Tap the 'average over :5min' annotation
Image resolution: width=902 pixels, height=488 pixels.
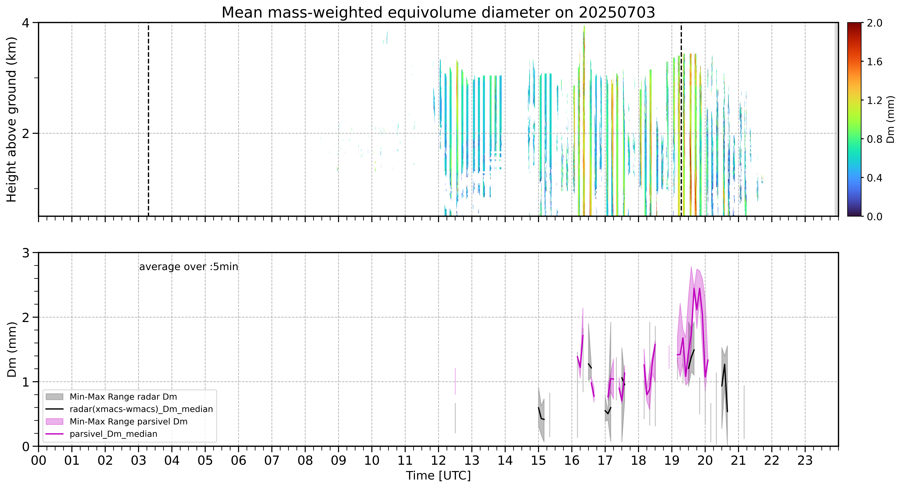[188, 267]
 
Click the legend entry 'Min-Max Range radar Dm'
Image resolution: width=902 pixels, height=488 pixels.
[123, 397]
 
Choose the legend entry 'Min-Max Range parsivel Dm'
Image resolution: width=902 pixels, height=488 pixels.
[128, 422]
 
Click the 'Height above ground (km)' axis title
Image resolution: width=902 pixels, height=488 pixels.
[12, 119]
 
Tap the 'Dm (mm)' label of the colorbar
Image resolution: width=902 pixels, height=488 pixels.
[890, 119]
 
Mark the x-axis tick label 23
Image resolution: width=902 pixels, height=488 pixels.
[805, 460]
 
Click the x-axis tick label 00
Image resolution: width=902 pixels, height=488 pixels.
[39, 460]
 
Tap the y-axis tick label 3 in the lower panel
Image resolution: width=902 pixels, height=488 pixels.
[26, 253]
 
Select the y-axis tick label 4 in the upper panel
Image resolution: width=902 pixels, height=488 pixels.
[26, 23]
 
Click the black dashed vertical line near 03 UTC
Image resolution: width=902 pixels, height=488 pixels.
[148, 119]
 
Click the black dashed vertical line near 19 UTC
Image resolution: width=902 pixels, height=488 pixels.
[681, 119]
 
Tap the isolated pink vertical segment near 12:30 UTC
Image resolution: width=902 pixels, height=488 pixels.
[455, 381]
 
